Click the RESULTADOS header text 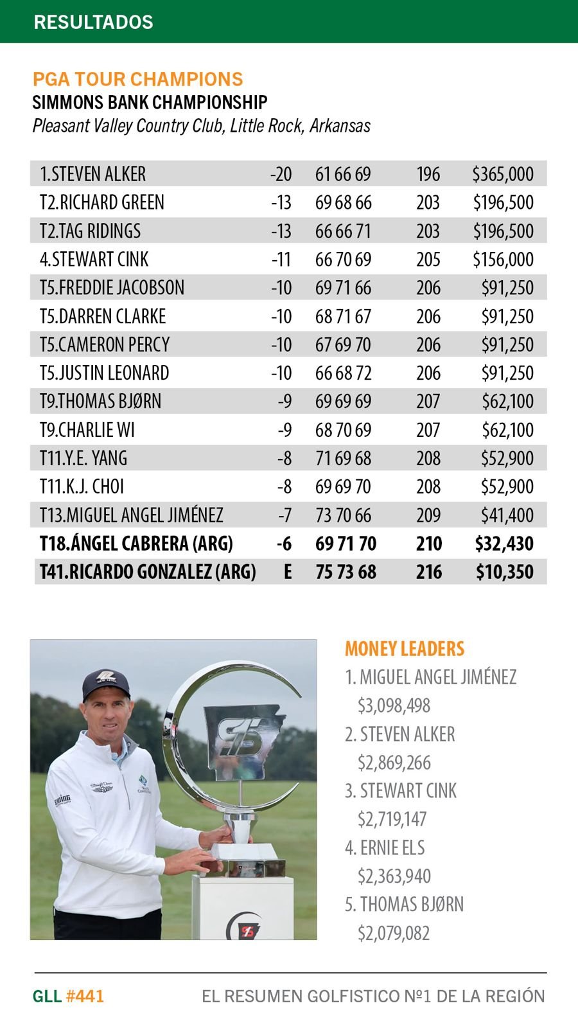[x=93, y=22]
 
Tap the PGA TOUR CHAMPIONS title [x=137, y=79]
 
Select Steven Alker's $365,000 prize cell [x=503, y=174]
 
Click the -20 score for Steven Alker [x=281, y=174]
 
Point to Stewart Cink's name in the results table [x=94, y=259]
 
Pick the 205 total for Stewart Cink [x=428, y=259]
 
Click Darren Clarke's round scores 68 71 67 [x=343, y=316]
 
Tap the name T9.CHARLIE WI [x=87, y=430]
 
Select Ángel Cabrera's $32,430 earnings [x=504, y=544]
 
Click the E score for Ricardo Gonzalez [x=288, y=572]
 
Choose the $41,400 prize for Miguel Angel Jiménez [x=507, y=515]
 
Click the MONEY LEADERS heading [x=405, y=649]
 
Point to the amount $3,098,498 [x=394, y=705]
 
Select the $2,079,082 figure [x=394, y=933]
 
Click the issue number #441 [x=85, y=997]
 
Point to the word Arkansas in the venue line [x=340, y=125]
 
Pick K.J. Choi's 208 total [x=428, y=486]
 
